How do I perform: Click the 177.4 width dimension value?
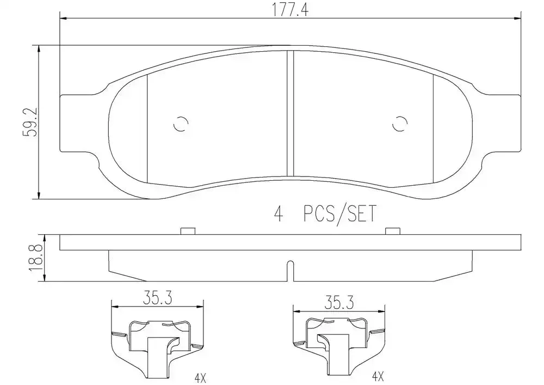pyautogui.click(x=290, y=10)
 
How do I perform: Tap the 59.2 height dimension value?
pyautogui.click(x=30, y=122)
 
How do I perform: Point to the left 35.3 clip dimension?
pyautogui.click(x=158, y=299)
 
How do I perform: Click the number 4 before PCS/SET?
pyautogui.click(x=279, y=214)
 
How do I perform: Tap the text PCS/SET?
pyautogui.click(x=340, y=214)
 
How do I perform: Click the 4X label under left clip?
pyautogui.click(x=200, y=378)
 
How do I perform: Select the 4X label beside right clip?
pyautogui.click(x=378, y=376)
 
